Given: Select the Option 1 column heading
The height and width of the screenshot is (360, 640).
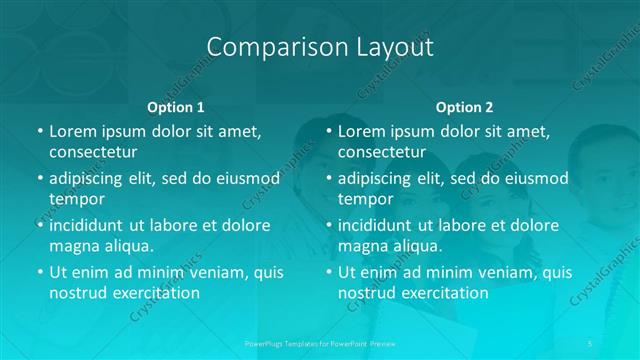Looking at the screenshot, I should pos(176,107).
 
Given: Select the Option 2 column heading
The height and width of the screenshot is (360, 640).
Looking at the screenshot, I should pos(464,107).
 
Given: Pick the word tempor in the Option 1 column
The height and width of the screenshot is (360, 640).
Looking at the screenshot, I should pos(77,198).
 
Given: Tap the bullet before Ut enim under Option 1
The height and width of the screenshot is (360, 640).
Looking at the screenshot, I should pos(39,273).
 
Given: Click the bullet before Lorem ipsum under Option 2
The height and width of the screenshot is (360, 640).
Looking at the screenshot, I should pos(328,131).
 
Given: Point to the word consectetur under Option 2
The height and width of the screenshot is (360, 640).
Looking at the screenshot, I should pos(382,151).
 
